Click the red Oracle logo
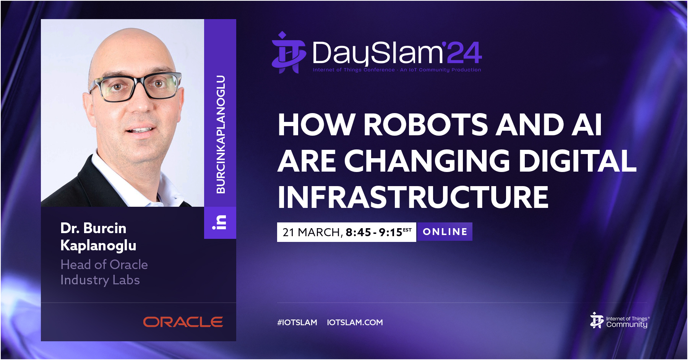tap(183, 322)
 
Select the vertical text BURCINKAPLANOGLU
tap(221, 134)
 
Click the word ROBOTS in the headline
tap(425, 125)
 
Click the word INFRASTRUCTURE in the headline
tap(413, 197)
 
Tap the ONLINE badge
tap(445, 232)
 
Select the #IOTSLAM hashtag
tap(297, 323)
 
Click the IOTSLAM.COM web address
tap(355, 323)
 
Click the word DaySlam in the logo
tap(377, 53)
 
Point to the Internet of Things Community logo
tap(619, 321)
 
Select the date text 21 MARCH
tap(312, 232)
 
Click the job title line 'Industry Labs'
tap(100, 280)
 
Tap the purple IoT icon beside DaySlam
tap(289, 52)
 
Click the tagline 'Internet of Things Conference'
tap(354, 70)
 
